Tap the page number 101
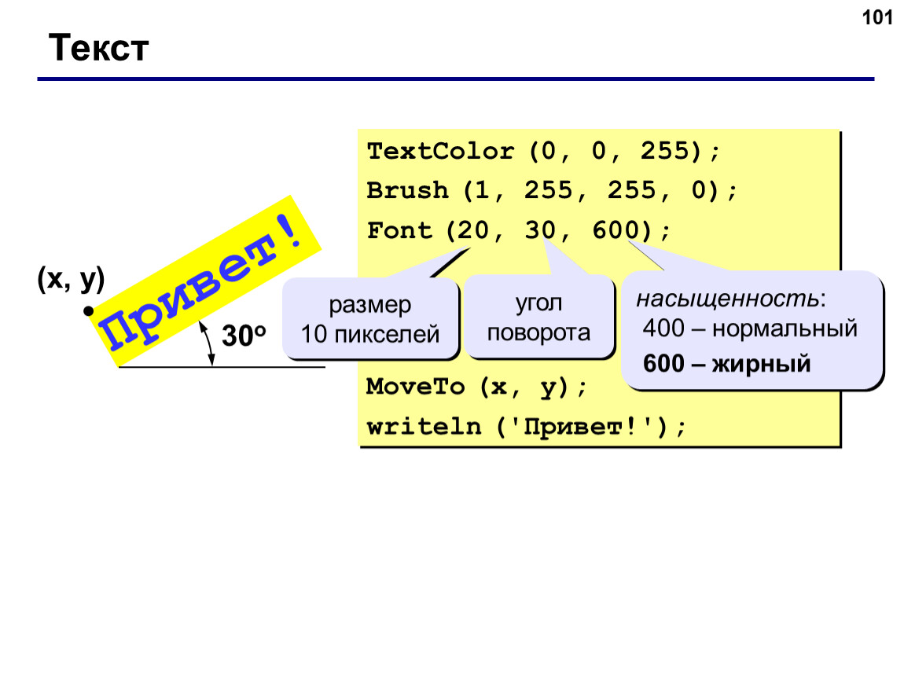click(x=877, y=18)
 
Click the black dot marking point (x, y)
click(x=88, y=311)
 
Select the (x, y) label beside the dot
click(x=71, y=279)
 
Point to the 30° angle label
click(x=244, y=336)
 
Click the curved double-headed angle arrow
click(x=208, y=343)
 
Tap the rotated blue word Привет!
click(x=200, y=282)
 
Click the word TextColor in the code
click(x=440, y=152)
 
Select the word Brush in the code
click(x=407, y=191)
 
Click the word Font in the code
click(x=399, y=230)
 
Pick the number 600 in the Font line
click(x=616, y=230)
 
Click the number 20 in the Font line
click(x=472, y=230)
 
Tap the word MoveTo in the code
click(x=415, y=386)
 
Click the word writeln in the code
click(x=424, y=427)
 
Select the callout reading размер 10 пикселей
click(x=370, y=319)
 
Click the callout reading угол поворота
click(x=539, y=317)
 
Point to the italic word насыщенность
click(x=727, y=299)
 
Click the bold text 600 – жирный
click(x=726, y=364)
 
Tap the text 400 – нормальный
click(x=750, y=328)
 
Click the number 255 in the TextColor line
click(x=664, y=152)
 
